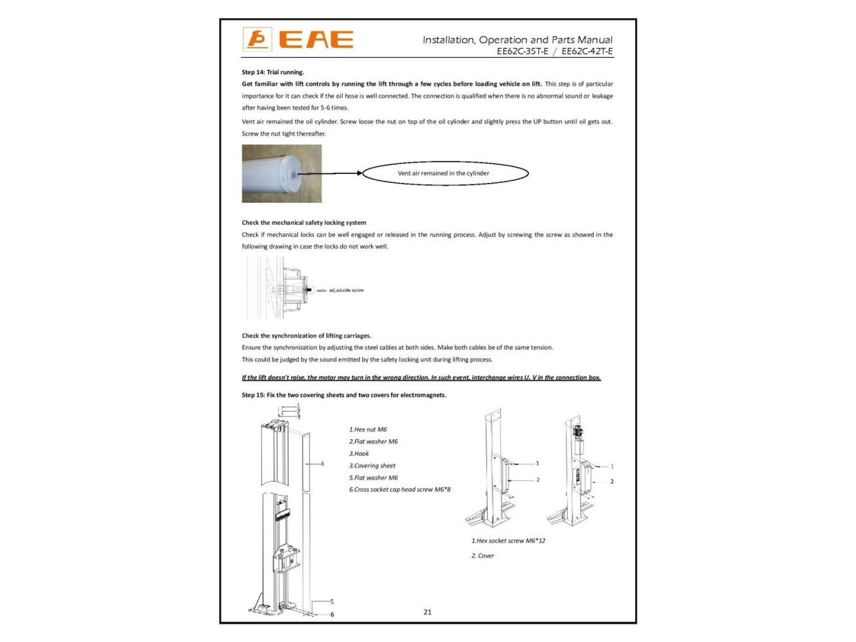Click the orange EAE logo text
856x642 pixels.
pos(316,40)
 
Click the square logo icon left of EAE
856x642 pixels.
pos(257,40)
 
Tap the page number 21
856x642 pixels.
pos(428,612)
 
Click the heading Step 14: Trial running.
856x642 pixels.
pos(273,72)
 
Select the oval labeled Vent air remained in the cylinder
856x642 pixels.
pos(445,173)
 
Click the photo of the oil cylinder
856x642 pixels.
pos(282,173)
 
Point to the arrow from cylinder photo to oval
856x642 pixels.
pos(331,173)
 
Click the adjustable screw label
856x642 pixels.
pos(346,290)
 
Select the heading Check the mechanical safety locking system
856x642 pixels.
pos(304,223)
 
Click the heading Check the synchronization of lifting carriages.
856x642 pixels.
pos(306,336)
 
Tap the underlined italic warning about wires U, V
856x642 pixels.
pos(421,377)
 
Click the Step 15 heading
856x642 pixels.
pos(344,395)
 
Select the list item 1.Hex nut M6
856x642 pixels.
pos(368,429)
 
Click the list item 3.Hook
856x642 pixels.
pos(359,453)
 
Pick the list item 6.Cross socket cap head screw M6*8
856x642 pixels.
pos(399,489)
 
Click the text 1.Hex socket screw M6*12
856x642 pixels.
pos(508,541)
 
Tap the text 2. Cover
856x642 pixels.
pos(483,556)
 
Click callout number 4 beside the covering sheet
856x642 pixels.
pos(322,464)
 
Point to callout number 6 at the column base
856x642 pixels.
pos(332,614)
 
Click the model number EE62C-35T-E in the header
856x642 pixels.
pos(523,51)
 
